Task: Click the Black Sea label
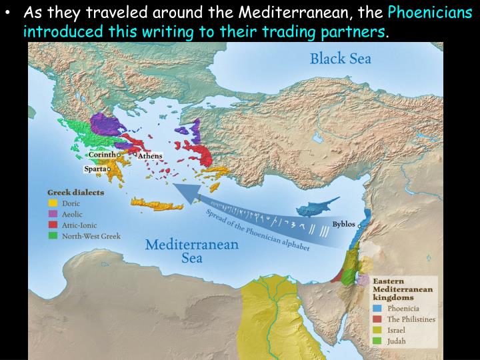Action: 340,59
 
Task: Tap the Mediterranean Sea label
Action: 192,251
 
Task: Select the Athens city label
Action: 150,156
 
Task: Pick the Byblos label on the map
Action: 344,224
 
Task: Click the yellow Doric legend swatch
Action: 53,203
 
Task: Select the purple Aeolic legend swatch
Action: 53,214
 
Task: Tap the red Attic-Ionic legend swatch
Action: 53,225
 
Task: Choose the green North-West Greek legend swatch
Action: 53,236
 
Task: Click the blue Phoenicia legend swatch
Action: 377,309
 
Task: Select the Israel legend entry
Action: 396,330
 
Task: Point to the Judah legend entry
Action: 396,341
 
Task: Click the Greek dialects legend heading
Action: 69,192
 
